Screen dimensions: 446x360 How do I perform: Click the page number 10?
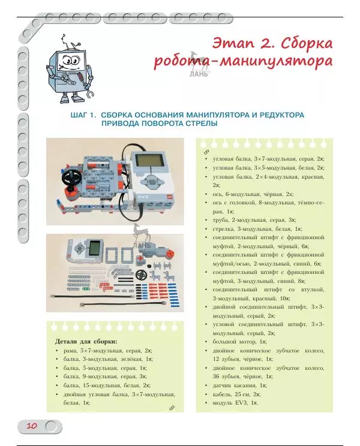coord(31,426)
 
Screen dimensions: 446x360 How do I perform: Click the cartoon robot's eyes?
coord(67,61)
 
